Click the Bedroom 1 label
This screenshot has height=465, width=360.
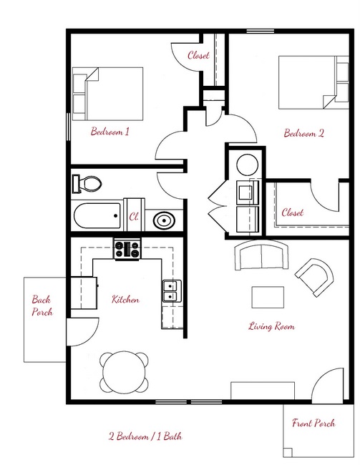click(110, 132)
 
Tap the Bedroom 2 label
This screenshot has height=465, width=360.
click(304, 132)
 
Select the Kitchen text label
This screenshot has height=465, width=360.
click(125, 300)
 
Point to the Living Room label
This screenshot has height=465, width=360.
click(271, 326)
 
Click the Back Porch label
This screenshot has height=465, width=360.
click(42, 305)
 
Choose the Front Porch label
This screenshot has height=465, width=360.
click(313, 423)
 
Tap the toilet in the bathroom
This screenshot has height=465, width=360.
click(86, 183)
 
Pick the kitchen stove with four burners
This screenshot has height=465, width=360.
click(127, 250)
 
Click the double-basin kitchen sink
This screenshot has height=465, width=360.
click(170, 291)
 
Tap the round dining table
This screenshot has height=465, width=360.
click(125, 372)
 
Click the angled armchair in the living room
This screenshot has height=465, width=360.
click(313, 277)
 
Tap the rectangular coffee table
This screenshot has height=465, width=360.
click(268, 297)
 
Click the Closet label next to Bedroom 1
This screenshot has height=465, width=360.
click(198, 55)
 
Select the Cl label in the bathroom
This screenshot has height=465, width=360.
click(133, 215)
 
